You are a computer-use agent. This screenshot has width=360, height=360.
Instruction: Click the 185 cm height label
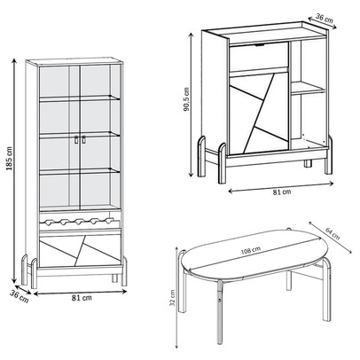tap(9, 158)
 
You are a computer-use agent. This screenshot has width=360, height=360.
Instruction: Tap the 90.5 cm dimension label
tap(187, 99)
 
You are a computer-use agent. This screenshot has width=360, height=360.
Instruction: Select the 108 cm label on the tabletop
tap(251, 251)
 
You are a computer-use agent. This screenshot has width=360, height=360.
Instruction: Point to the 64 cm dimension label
tap(333, 233)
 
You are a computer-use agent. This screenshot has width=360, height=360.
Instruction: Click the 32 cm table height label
tap(173, 298)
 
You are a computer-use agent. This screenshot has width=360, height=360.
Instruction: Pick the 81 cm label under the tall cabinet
tap(82, 298)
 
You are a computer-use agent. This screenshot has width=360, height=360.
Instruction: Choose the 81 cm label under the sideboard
tap(281, 192)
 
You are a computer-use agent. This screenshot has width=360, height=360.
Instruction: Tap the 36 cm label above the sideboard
tap(325, 18)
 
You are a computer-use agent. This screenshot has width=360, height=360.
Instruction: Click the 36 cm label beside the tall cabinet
tap(20, 296)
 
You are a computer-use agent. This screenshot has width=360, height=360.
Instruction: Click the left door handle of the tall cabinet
tap(76, 140)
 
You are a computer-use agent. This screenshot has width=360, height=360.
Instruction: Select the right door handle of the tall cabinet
tap(83, 140)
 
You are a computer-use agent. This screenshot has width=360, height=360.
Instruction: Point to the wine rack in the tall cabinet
tap(76, 221)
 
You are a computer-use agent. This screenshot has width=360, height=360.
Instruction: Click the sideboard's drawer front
tap(259, 56)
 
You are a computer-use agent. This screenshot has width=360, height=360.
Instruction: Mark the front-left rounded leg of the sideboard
tap(223, 163)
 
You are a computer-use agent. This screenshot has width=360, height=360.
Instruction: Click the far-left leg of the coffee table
tap(183, 281)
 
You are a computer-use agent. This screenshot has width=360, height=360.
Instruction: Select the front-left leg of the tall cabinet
tap(35, 273)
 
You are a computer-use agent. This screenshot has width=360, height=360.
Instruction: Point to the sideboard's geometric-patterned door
tap(259, 113)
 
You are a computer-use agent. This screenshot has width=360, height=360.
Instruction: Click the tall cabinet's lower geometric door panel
tap(80, 251)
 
